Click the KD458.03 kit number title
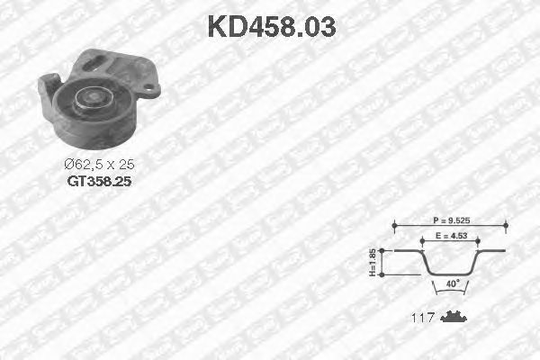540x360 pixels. click(272, 27)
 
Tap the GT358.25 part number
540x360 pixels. click(99, 181)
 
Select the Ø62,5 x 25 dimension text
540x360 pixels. click(99, 165)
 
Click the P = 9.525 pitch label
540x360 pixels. click(451, 220)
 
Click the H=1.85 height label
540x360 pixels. click(373, 263)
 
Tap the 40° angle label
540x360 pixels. click(453, 283)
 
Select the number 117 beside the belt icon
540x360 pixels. click(423, 318)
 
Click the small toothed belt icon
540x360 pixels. click(454, 317)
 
